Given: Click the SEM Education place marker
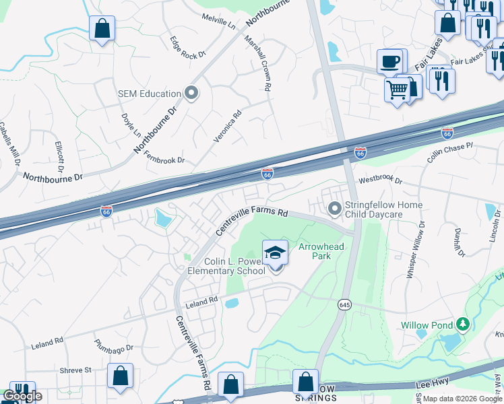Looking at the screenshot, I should (191, 94).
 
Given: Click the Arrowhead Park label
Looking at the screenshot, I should (321, 251).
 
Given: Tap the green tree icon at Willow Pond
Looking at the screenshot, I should (462, 325).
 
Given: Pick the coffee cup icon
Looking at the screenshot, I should (389, 63).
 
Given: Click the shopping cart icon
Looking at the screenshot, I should (397, 89).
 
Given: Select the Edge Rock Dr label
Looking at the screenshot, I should (187, 48).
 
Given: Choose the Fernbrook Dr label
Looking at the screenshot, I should (164, 158).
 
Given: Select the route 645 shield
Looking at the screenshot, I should (344, 304).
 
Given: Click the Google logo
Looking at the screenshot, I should (22, 396).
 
